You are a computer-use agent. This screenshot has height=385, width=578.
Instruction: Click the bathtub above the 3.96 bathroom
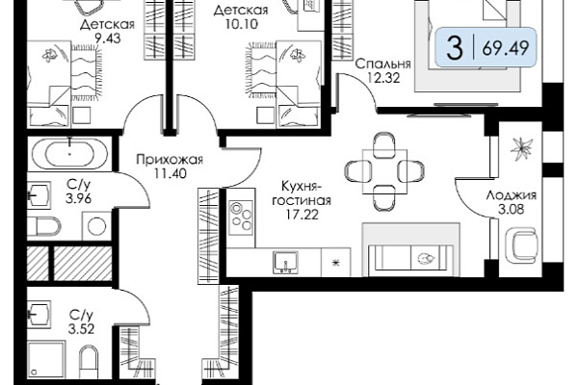[69, 153]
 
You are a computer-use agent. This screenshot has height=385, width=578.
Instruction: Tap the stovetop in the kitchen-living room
[240, 218]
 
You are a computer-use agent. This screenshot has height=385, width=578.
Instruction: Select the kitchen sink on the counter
[285, 263]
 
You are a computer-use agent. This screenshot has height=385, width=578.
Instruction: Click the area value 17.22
[302, 215]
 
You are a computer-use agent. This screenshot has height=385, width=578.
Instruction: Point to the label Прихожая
[170, 160]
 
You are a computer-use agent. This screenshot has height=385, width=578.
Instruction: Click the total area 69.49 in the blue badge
[506, 47]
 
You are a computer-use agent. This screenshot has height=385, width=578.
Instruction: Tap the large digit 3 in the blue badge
[455, 47]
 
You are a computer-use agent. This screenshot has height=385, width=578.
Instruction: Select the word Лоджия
[511, 194]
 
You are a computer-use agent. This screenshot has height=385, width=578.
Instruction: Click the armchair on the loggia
[520, 245]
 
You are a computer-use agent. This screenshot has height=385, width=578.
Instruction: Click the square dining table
[384, 171]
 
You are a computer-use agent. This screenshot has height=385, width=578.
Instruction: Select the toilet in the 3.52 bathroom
[90, 362]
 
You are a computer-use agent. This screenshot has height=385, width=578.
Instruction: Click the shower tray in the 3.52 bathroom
[46, 360]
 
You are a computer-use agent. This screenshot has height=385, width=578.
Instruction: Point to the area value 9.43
[107, 38]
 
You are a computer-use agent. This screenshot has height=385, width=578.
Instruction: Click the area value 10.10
[241, 24]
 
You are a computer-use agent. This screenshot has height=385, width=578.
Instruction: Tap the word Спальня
[383, 64]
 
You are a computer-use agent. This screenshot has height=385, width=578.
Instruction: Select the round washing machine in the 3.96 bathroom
[96, 226]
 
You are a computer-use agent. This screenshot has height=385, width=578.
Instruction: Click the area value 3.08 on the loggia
[511, 210]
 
